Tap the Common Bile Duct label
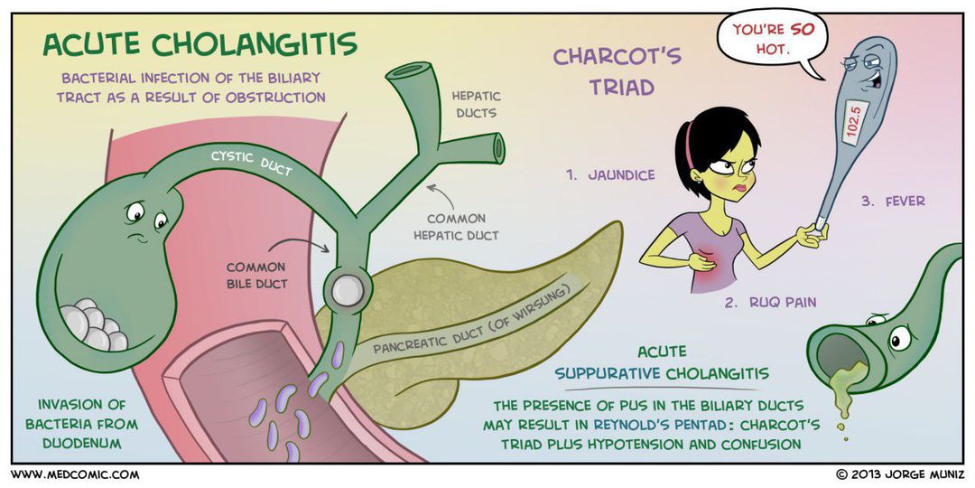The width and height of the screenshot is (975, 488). click(256, 276)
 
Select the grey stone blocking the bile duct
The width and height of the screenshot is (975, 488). click(348, 289)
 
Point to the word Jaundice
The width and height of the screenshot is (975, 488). click(610, 175)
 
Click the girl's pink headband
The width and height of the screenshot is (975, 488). click(689, 145)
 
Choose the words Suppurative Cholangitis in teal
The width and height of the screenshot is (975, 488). click(662, 372)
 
